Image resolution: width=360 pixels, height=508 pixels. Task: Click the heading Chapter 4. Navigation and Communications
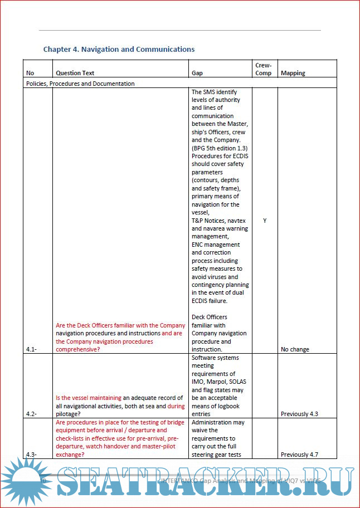tap(119, 50)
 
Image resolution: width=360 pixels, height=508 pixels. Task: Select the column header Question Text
tap(75, 73)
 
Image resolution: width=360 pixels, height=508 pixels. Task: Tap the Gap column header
tap(197, 73)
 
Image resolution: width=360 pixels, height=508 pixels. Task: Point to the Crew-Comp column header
tap(264, 69)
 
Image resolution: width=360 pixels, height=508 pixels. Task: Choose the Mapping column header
tap(293, 73)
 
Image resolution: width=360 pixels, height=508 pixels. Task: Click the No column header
tap(30, 73)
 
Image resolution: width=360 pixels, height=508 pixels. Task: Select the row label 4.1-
tap(31, 349)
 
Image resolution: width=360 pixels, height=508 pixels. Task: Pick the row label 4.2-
tap(31, 414)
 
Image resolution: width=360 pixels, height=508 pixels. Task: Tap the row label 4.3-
tap(31, 455)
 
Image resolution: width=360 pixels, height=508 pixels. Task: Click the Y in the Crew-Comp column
tap(265, 221)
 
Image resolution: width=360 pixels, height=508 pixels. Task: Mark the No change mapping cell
tap(295, 349)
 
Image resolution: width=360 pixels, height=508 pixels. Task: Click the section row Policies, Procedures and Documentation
tap(80, 84)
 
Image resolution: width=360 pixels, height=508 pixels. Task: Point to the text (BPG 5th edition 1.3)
tap(220, 148)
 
